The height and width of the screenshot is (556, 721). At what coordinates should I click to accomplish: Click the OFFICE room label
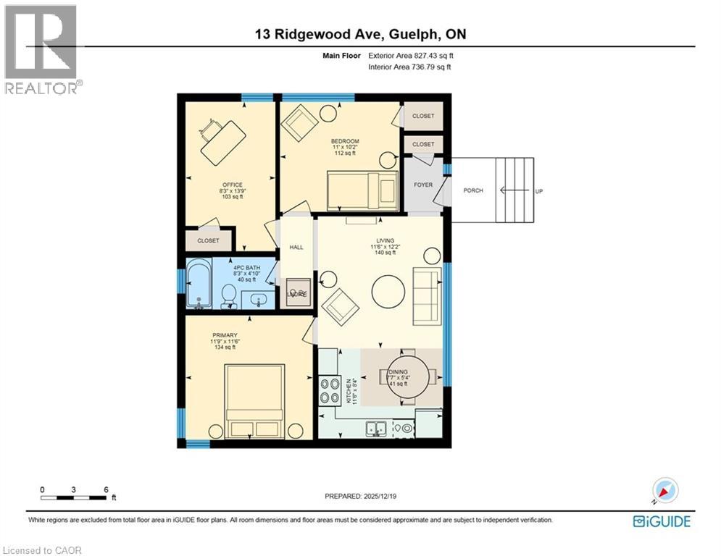pyautogui.click(x=233, y=185)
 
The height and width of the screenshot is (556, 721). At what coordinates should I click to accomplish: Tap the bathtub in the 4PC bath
pyautogui.click(x=199, y=285)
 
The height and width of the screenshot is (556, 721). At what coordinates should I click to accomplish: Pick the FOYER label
pyautogui.click(x=423, y=185)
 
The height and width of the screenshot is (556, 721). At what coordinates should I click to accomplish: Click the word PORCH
pyautogui.click(x=473, y=190)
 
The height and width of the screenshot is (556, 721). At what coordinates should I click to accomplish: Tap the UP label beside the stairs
pyautogui.click(x=539, y=190)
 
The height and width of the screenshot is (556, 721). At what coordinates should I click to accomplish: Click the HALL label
pyautogui.click(x=296, y=247)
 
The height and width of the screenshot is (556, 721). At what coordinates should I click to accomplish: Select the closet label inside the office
pyautogui.click(x=208, y=240)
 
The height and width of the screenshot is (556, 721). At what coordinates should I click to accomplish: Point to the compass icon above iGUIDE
pyautogui.click(x=664, y=490)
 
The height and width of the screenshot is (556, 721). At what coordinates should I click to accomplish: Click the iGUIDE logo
pyautogui.click(x=662, y=521)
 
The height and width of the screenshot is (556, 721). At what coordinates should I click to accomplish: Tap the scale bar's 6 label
pyautogui.click(x=106, y=489)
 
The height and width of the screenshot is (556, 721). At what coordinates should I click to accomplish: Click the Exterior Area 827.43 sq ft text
pyautogui.click(x=411, y=55)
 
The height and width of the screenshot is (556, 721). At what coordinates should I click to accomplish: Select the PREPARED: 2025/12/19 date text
pyautogui.click(x=367, y=496)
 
